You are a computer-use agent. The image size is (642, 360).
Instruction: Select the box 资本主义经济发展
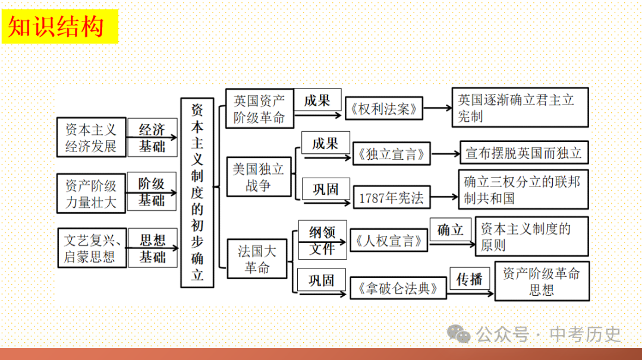92,137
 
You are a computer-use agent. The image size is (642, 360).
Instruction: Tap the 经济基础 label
152,137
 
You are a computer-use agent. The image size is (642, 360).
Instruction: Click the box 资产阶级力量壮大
92,192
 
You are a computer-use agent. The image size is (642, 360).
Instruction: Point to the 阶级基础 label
152,192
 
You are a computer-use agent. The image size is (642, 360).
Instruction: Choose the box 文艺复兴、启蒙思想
92,248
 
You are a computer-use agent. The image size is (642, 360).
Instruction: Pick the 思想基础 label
152,248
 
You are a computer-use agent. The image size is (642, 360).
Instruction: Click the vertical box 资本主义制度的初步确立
197,192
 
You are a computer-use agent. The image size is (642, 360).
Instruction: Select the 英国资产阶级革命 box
259,109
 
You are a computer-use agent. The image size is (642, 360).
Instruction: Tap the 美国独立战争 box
259,176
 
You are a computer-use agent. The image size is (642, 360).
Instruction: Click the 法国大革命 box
257,259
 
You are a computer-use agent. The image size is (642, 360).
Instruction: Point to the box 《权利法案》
384,109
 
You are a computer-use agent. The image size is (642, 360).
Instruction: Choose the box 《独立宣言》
392,154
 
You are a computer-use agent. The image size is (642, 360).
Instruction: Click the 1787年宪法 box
391,198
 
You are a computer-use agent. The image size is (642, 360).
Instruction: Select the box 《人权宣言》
389,241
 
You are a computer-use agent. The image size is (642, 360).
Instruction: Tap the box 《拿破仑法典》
398,288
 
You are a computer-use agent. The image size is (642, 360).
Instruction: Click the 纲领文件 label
322,241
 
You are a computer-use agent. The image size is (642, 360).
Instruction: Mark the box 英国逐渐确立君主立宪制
520,108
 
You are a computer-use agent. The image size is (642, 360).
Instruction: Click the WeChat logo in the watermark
458,334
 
